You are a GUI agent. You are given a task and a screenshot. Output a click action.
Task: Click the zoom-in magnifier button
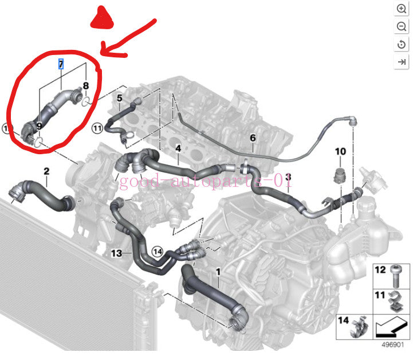(x=401, y=9)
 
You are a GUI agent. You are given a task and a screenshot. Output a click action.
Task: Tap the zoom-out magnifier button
(x=401, y=26)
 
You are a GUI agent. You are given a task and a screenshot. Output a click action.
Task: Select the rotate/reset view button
(x=401, y=44)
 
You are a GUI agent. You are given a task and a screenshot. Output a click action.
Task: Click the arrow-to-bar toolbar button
(x=401, y=62)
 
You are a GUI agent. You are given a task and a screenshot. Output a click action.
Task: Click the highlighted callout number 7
(x=61, y=64)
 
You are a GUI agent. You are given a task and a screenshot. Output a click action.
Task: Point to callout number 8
(x=86, y=85)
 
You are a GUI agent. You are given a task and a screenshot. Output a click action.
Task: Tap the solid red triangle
(x=102, y=18)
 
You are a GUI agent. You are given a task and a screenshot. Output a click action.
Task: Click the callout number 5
(x=120, y=98)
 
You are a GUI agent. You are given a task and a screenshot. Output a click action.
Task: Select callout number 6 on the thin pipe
(x=253, y=138)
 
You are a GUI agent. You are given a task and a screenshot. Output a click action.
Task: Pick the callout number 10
(x=340, y=151)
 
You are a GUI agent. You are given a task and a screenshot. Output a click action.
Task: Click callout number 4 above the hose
(x=178, y=148)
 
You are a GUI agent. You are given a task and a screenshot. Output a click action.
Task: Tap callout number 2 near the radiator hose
(x=46, y=171)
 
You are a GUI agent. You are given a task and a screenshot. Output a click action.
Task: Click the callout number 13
(x=116, y=253)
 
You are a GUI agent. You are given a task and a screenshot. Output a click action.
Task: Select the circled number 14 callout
(x=158, y=252)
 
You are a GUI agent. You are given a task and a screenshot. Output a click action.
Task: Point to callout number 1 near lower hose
(x=218, y=272)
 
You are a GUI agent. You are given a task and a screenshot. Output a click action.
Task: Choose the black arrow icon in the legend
(x=391, y=327)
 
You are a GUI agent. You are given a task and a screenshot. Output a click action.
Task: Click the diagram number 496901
(x=393, y=345)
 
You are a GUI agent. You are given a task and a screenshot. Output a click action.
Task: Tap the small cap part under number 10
(x=340, y=175)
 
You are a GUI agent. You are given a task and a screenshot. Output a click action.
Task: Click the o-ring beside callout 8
(x=86, y=101)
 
